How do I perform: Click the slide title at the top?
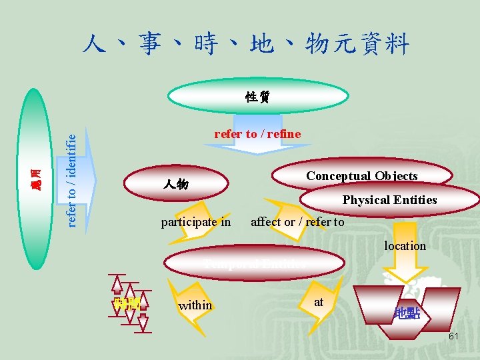(x=245, y=44)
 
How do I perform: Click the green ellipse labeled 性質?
(x=257, y=97)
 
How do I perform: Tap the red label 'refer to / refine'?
(x=257, y=134)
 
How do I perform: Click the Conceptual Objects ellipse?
(x=361, y=176)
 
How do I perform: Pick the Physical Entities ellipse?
(x=389, y=199)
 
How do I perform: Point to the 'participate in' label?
(x=196, y=222)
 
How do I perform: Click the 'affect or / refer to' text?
(x=297, y=222)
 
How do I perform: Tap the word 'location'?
(x=405, y=246)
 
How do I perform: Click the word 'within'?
(x=195, y=305)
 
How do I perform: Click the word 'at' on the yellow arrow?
(x=319, y=302)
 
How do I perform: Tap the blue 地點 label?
(x=407, y=313)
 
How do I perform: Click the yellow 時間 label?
(x=126, y=304)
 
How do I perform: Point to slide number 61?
(x=453, y=337)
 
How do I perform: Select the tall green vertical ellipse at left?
(x=37, y=177)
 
